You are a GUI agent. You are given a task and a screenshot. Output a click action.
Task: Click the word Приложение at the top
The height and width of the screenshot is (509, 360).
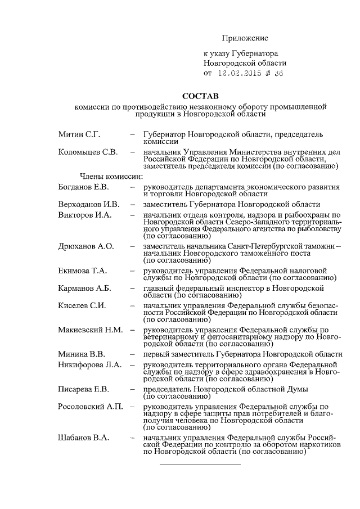point(245,38)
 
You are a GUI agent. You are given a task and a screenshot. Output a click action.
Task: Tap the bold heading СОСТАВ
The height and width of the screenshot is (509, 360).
point(201,97)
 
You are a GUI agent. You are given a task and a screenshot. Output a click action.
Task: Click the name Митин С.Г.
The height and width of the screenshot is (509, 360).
point(79,135)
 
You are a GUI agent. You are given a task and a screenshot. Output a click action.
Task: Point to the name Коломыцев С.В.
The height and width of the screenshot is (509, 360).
point(88,152)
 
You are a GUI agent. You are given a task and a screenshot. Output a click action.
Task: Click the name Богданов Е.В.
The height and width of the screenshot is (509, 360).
point(84,187)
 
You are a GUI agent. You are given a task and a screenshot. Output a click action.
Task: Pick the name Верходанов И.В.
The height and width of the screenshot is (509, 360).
point(89,204)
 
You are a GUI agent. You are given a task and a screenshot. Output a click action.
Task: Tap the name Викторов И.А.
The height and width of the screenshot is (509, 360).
point(85,215)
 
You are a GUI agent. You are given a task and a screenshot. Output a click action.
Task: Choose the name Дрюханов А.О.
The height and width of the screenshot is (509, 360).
point(86,246)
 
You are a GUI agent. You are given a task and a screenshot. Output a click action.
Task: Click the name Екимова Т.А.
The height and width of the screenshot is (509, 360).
point(83,271)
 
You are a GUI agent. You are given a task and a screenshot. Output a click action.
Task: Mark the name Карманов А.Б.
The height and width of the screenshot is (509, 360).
point(85,288)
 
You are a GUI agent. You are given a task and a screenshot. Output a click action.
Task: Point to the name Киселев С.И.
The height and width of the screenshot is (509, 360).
point(83,305)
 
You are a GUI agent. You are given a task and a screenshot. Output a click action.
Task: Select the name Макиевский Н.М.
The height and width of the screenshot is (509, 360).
point(91,330)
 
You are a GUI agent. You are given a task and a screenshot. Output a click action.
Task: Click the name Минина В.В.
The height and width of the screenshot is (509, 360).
point(81,354)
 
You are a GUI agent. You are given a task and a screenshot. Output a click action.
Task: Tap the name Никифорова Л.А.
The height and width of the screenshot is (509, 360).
point(89,365)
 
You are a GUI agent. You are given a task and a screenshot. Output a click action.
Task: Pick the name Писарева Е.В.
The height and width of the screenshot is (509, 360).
point(84,389)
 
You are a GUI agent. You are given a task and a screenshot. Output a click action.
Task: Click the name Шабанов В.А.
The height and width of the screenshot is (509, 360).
point(84,438)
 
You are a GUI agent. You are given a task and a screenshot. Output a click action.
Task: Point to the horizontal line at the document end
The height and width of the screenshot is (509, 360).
point(200,465)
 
